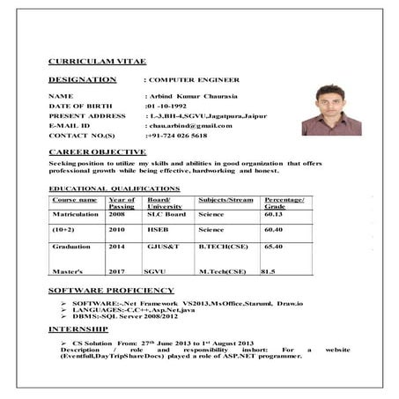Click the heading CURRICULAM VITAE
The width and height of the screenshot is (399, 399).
(x=98, y=62)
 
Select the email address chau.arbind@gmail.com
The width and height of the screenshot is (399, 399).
(x=188, y=125)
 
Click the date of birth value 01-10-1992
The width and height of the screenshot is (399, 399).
(x=168, y=104)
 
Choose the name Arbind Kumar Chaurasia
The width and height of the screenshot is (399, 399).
(x=192, y=93)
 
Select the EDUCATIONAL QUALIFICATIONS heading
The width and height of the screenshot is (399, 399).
(x=115, y=188)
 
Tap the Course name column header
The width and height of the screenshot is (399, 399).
(x=74, y=200)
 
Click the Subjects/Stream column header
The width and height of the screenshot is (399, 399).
(x=225, y=200)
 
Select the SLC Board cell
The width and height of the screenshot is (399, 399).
(x=166, y=213)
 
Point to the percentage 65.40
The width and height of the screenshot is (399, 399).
(x=273, y=247)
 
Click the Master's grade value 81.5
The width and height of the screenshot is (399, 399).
(x=268, y=271)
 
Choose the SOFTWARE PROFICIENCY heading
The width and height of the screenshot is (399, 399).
(x=111, y=289)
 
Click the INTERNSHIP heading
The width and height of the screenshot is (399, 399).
(x=78, y=328)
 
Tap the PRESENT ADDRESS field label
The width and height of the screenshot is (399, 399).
(x=87, y=115)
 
